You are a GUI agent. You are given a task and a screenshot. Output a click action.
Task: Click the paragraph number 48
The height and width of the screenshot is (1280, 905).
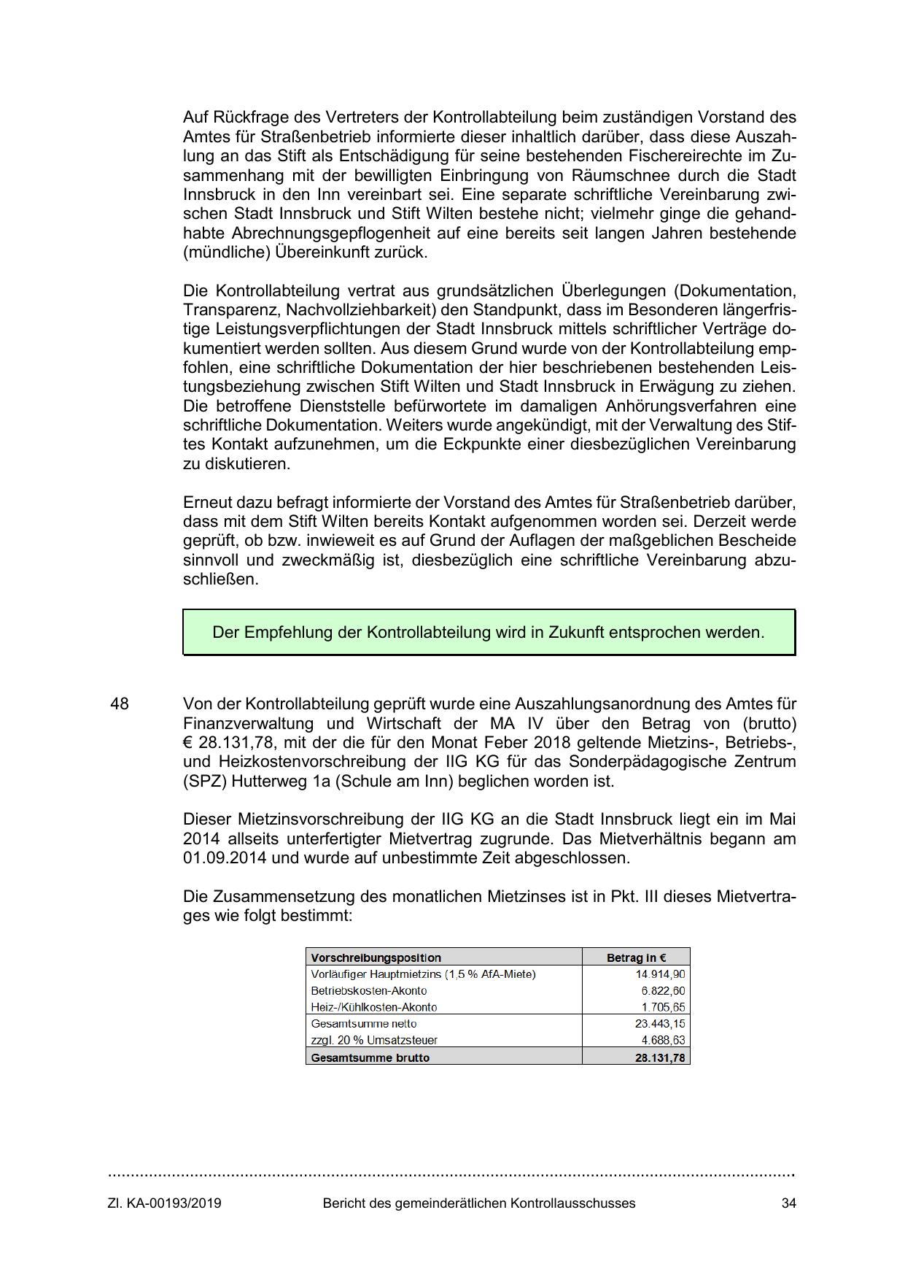tap(120, 704)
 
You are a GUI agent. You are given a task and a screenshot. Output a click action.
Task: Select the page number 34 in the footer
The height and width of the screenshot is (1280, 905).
tap(788, 1203)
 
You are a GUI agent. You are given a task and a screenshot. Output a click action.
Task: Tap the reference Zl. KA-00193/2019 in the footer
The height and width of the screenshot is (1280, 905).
tap(165, 1203)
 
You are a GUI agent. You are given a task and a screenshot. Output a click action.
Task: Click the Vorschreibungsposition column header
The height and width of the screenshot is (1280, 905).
tap(376, 957)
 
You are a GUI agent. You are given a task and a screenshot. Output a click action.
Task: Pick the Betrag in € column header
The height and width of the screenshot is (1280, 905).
tap(636, 957)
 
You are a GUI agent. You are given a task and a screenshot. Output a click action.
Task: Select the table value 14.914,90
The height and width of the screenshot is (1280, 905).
tap(660, 974)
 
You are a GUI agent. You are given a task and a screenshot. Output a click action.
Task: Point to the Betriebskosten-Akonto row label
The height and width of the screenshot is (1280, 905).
tap(369, 991)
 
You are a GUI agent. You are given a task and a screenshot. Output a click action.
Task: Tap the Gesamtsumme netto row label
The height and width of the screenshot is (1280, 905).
tap(364, 1024)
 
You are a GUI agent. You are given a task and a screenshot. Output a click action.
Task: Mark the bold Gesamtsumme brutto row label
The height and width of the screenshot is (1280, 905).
tap(370, 1057)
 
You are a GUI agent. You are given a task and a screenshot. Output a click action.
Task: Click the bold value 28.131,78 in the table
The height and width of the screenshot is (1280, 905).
tap(660, 1057)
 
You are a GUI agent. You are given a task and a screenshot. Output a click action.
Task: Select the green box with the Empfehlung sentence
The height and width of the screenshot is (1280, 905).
tap(489, 632)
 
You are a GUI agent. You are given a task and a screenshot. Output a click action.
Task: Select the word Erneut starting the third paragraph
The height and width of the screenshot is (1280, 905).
tap(207, 503)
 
